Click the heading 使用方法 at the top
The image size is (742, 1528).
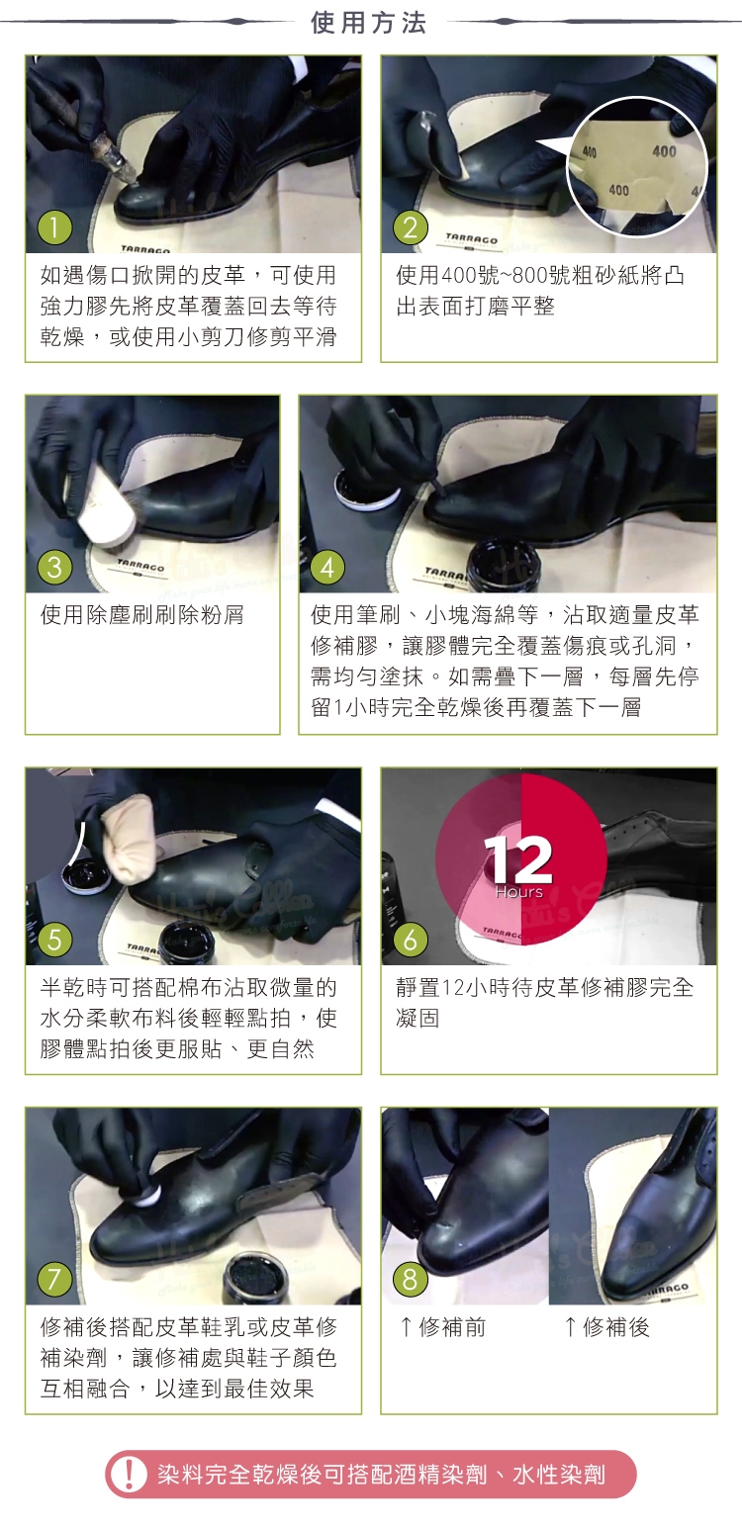coord(369,23)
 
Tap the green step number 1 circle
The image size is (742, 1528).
coord(54,227)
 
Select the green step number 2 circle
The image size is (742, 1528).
coord(410,227)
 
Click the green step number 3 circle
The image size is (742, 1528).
coord(54,568)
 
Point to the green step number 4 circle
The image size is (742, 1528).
coord(327,568)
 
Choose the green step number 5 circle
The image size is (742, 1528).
coord(54,940)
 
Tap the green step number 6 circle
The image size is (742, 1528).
coord(410,940)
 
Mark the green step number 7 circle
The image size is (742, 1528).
coord(54,1280)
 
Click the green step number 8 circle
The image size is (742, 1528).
coord(410,1280)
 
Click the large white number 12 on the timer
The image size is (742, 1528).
coord(518,859)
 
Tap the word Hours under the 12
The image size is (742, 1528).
coord(518,892)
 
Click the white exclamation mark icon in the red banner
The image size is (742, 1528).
coord(129,1475)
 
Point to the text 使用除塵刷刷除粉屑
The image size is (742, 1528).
coord(142,615)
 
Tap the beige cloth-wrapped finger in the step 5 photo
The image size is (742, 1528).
coord(130,847)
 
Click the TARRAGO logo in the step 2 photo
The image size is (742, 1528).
coord(471,239)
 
